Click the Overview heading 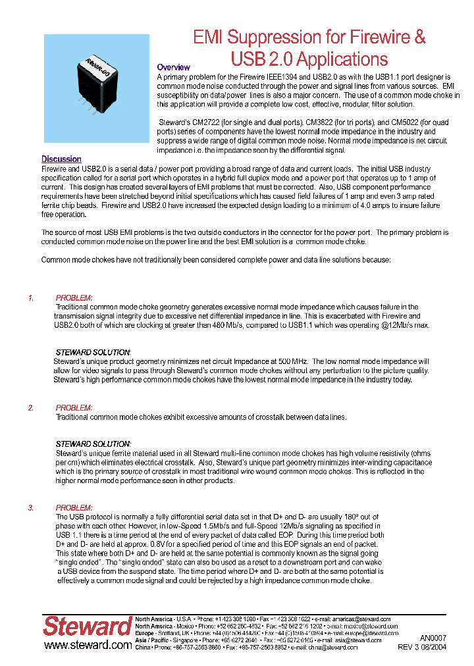173,67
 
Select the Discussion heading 61,159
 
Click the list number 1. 31,298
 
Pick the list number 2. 31,408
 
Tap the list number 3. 31,508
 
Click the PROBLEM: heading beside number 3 74,508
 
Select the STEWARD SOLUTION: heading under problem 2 93,444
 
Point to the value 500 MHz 293,362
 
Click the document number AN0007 433,638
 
